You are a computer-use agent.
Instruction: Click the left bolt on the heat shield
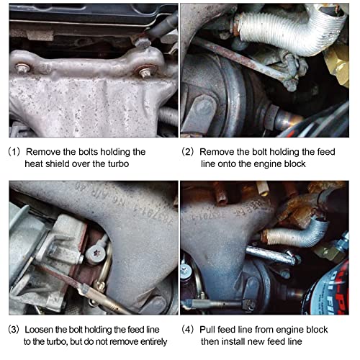[x=22, y=69]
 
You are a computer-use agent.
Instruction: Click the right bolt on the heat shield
[x=145, y=73]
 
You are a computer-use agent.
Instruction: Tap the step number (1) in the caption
[x=14, y=152]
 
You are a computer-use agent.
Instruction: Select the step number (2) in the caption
[x=187, y=152]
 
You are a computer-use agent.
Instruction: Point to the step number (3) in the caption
[x=14, y=330]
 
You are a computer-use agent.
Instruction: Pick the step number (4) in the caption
[x=187, y=330]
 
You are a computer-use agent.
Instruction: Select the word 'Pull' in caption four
[x=207, y=330]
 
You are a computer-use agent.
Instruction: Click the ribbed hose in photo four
[x=294, y=235]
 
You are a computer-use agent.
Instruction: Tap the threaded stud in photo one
[x=168, y=116]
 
